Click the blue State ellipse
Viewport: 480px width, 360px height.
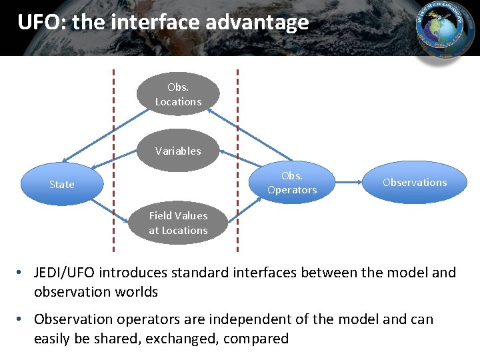pos(61,184)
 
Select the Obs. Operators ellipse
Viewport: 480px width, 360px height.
pos(292,183)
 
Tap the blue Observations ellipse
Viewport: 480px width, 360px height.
pos(415,182)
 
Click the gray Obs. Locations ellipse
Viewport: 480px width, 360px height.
pos(178,95)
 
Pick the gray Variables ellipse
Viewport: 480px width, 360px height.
pos(178,151)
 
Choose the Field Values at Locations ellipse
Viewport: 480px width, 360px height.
pos(178,223)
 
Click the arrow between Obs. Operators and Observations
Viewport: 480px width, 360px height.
pos(347,182)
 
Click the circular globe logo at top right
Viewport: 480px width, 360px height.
pos(445,31)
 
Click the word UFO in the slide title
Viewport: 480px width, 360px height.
pos(39,23)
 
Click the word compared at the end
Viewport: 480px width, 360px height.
pos(256,339)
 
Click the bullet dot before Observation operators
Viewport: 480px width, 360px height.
pos(22,320)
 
